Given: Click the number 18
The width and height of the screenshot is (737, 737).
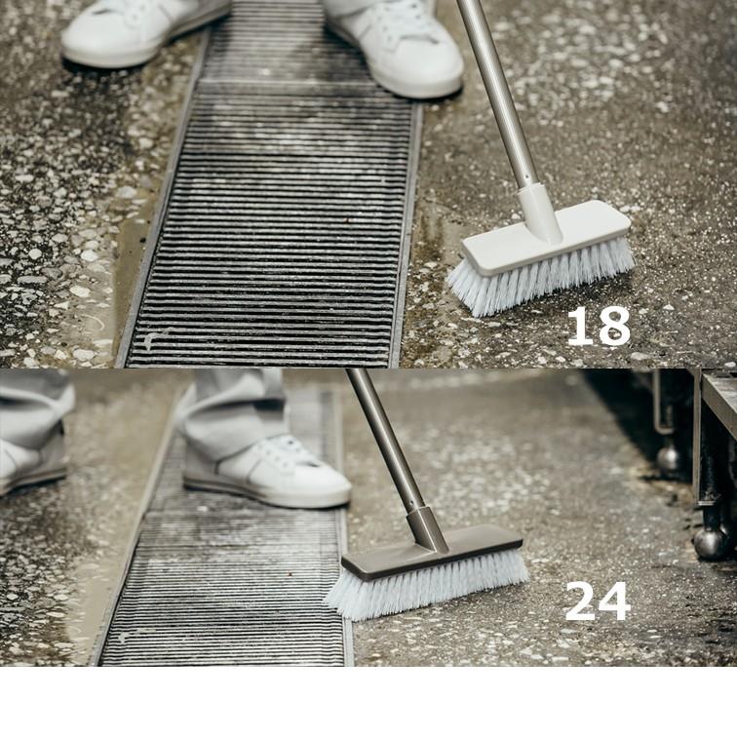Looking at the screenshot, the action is click(x=598, y=327).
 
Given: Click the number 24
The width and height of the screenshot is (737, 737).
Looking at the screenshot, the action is click(x=597, y=601).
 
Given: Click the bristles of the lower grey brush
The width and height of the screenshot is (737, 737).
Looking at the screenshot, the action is click(x=428, y=587).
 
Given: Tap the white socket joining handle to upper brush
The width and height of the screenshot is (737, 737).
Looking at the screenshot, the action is click(x=540, y=213).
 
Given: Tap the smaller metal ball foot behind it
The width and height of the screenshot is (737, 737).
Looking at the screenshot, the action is click(x=669, y=458).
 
